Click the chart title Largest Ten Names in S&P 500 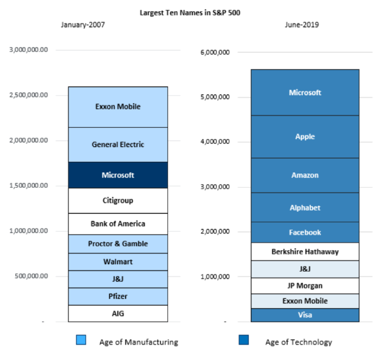pyautogui.click(x=190, y=13)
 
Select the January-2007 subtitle pyautogui.click(x=83, y=25)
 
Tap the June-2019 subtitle pyautogui.click(x=302, y=25)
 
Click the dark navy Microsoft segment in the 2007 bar pyautogui.click(x=118, y=175)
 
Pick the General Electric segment pyautogui.click(x=118, y=144)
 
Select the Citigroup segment pyautogui.click(x=118, y=201)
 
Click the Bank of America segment pyautogui.click(x=118, y=224)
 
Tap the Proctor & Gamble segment pyautogui.click(x=118, y=244)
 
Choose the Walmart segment pyautogui.click(x=118, y=262)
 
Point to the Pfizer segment pyautogui.click(x=118, y=296)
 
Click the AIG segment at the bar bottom pyautogui.click(x=118, y=314)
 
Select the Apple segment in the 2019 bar pyautogui.click(x=305, y=136)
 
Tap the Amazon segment pyautogui.click(x=305, y=175)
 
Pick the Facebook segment pyautogui.click(x=305, y=232)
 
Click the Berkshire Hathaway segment pyautogui.click(x=305, y=251)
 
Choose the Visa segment pyautogui.click(x=305, y=315)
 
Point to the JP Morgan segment pyautogui.click(x=305, y=286)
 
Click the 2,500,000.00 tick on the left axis pyautogui.click(x=28, y=95)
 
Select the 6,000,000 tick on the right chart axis pyautogui.click(x=215, y=52)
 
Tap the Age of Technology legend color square pyautogui.click(x=244, y=340)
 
